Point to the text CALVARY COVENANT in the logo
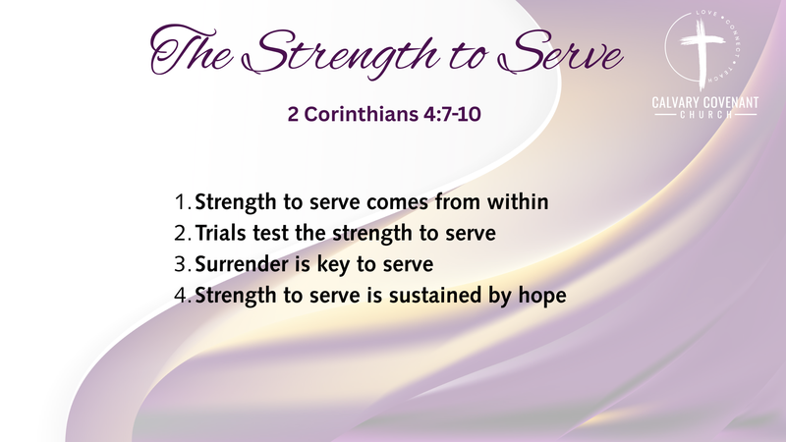coord(705,103)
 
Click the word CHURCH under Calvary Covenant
coord(705,117)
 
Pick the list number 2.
coord(181,235)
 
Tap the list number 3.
coord(181,265)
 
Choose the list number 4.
coord(181,296)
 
